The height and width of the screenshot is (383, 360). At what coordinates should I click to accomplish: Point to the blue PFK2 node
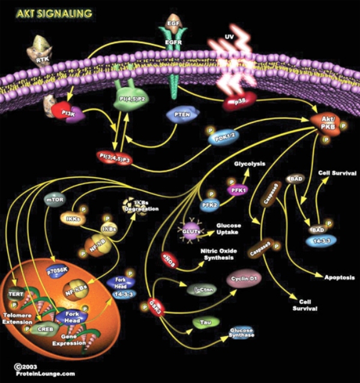pos(210,204)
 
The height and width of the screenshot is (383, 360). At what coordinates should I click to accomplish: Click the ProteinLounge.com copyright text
pos(37,372)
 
